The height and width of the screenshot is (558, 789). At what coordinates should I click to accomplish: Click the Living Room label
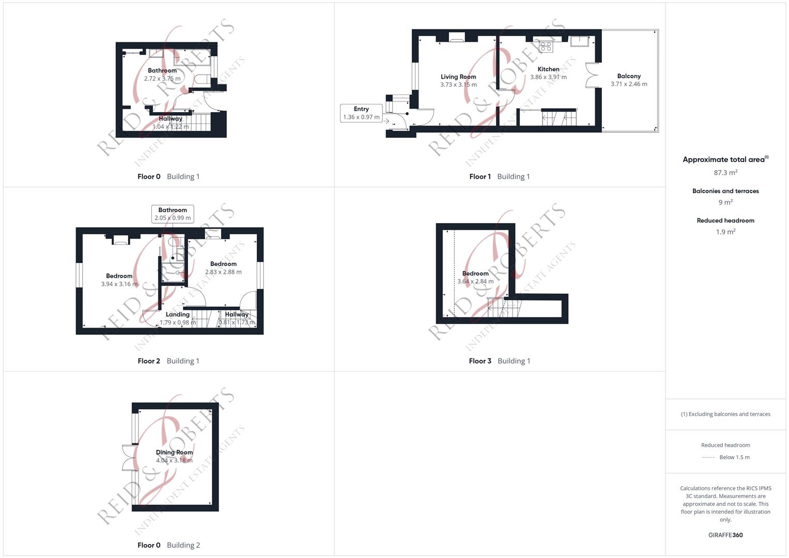458,77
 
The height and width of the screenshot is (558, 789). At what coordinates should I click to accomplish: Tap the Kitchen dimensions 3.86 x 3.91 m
548,77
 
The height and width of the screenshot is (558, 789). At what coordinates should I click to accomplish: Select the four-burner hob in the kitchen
546,47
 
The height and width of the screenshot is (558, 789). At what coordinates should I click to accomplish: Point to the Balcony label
629,76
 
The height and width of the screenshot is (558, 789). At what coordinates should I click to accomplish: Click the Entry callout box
361,113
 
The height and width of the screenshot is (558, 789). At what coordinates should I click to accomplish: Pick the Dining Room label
174,452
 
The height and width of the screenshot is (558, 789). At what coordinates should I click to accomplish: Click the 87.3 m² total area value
725,173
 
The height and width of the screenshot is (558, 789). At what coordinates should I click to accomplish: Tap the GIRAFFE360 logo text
725,535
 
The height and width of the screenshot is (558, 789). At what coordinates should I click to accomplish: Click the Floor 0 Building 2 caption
169,545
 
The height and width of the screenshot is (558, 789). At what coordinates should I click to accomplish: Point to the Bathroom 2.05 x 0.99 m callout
173,214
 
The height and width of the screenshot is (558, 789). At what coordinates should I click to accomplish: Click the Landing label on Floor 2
178,315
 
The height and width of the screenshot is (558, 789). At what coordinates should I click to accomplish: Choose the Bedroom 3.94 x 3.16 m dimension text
119,284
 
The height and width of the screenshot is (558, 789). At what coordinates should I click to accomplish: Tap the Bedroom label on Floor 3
475,273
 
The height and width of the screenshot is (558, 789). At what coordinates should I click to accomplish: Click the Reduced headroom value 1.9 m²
725,232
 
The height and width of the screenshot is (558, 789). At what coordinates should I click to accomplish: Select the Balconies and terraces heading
725,191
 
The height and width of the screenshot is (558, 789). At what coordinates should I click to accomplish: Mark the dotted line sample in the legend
708,458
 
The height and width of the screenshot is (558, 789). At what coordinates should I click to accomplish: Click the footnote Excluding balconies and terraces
725,414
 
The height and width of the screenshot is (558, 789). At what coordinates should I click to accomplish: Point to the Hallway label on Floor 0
171,119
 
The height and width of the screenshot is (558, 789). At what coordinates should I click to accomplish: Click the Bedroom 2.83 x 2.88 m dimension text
223,272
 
